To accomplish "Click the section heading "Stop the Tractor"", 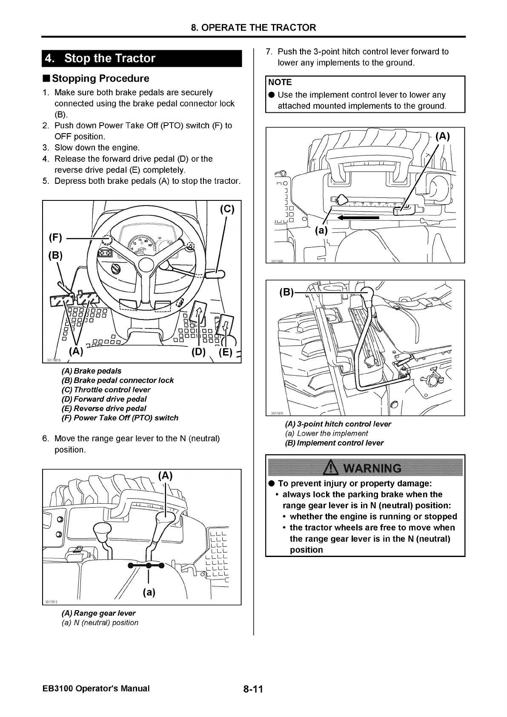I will click(x=109, y=58).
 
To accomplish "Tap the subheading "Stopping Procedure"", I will click(x=100, y=78).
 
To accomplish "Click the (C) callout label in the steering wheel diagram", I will click(x=227, y=209).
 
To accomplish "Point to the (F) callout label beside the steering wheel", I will click(x=56, y=237).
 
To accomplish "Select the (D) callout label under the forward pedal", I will click(x=198, y=352).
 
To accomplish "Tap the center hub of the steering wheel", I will click(x=146, y=265).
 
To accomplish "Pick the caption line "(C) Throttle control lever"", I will click(x=106, y=390).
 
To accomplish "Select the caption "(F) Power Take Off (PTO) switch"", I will click(x=120, y=418).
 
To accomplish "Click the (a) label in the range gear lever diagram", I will click(x=149, y=592).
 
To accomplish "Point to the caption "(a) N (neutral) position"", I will click(x=100, y=623).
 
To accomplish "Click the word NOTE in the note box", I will click(x=280, y=82).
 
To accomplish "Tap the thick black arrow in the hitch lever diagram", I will click(x=358, y=217).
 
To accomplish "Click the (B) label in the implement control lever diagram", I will click(x=286, y=292).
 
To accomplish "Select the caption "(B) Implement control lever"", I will click(x=334, y=443).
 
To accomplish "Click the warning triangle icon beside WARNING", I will click(x=331, y=468).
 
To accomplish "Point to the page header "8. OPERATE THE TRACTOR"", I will click(x=253, y=28).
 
